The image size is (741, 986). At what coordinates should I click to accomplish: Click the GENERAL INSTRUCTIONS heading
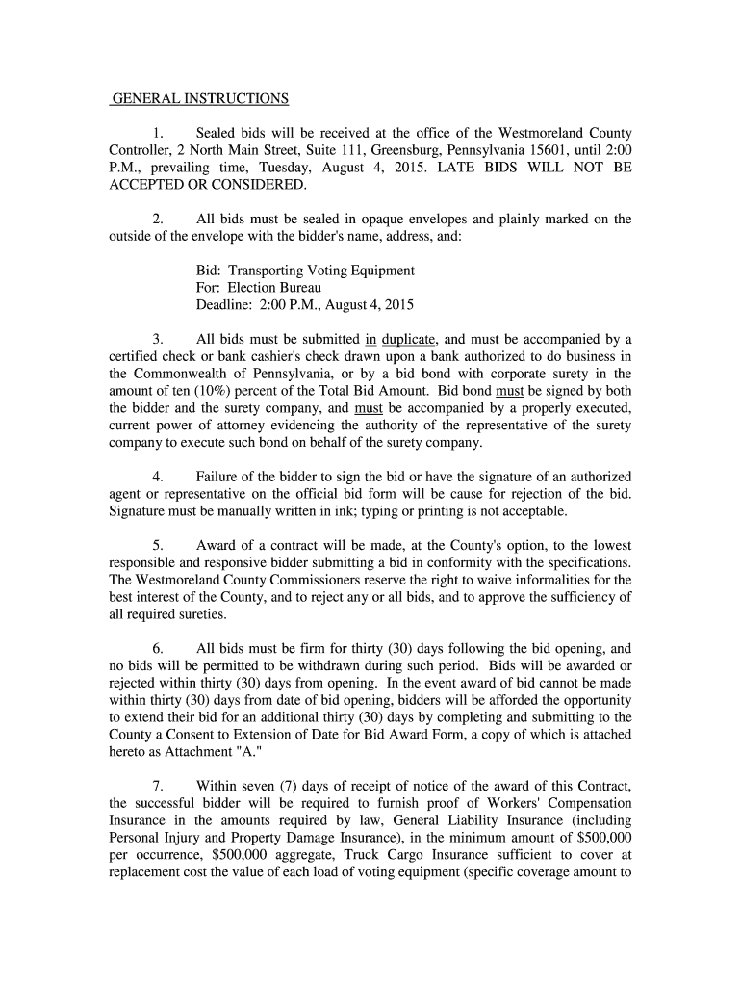pyautogui.click(x=200, y=98)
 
